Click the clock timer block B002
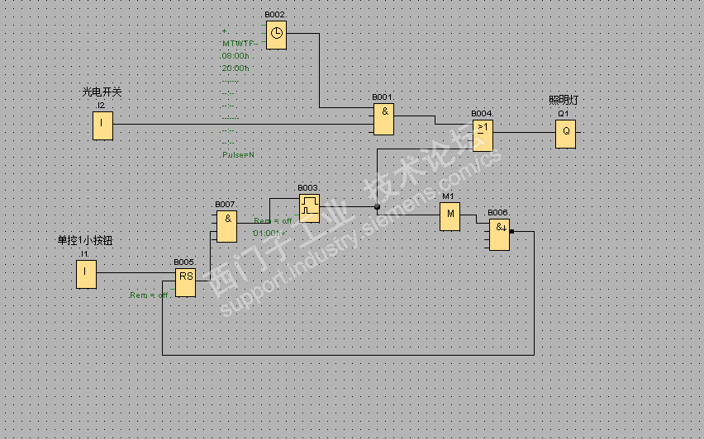[276, 35]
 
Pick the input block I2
[102, 125]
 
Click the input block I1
[86, 274]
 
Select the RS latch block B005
[185, 281]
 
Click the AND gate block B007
[226, 224]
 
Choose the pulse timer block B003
[309, 207]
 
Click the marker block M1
[450, 216]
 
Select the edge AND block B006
[498, 235]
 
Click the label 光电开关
[101, 92]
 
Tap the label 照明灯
[564, 101]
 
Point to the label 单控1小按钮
[83, 241]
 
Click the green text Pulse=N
[238, 154]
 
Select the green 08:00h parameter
[235, 55]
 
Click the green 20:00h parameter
[235, 68]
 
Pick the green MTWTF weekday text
[238, 43]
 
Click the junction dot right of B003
[377, 206]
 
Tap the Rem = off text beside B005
[150, 295]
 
